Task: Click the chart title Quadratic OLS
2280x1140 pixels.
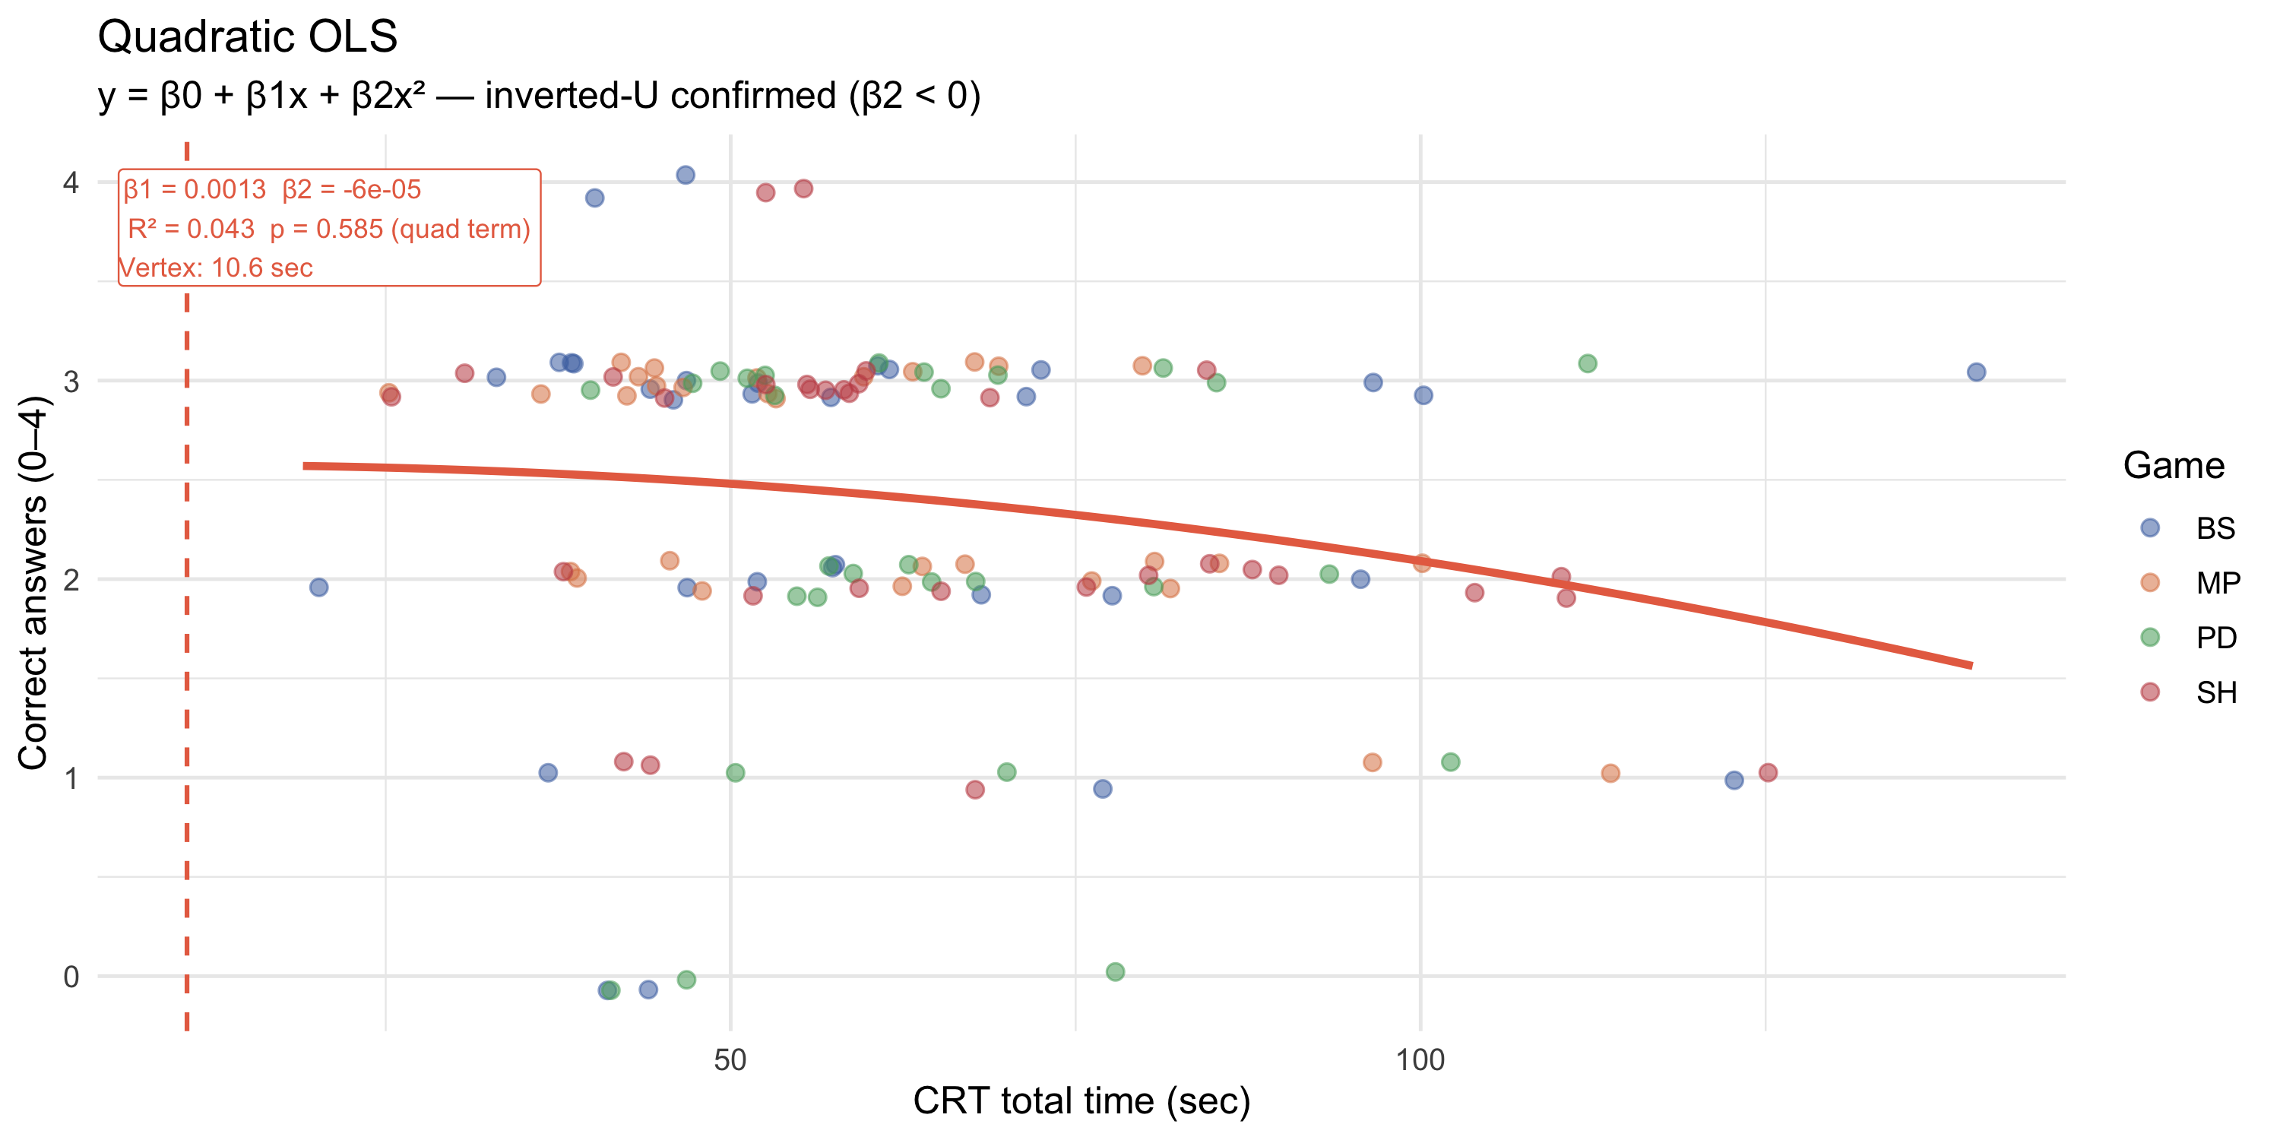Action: point(247,37)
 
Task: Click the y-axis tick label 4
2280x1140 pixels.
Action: point(71,183)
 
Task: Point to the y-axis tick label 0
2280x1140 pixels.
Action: point(71,977)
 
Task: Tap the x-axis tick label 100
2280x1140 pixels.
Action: point(1420,1059)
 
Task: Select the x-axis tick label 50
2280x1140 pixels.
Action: point(730,1059)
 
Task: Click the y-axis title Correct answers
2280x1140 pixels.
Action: point(33,584)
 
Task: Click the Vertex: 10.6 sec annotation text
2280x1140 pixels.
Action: point(216,268)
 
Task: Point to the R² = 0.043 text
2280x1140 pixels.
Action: point(192,230)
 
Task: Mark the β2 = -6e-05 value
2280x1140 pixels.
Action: point(351,189)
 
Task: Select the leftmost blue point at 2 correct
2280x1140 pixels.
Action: point(318,587)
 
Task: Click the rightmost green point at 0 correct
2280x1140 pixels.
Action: point(1115,972)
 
